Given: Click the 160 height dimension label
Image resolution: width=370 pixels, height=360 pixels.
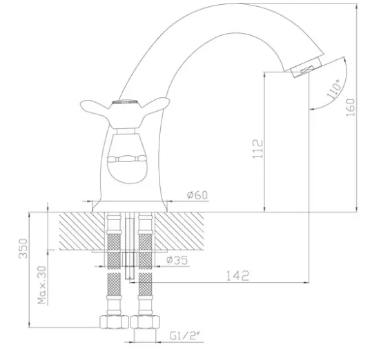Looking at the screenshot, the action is [351, 108].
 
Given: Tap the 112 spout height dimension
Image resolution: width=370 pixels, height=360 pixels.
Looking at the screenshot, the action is [257, 149].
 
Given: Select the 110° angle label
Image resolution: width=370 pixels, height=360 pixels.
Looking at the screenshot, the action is [333, 89].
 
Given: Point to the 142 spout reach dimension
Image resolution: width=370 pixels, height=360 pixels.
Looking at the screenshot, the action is [237, 276].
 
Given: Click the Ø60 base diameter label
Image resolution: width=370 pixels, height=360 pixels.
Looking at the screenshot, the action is [197, 195].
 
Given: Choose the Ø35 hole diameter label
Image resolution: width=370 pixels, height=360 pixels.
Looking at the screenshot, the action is [177, 260].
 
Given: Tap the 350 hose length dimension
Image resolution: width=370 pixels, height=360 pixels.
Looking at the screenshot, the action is [23, 248].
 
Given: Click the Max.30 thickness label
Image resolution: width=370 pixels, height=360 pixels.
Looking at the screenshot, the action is [42, 285].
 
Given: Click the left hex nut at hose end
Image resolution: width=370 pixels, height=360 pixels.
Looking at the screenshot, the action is [114, 322].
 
